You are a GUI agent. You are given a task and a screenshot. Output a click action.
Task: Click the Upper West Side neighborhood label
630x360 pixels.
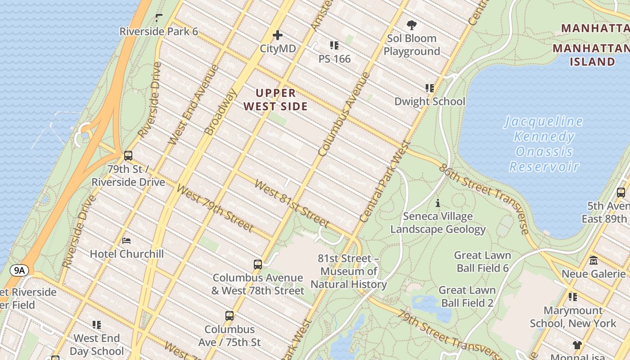tap(282, 99)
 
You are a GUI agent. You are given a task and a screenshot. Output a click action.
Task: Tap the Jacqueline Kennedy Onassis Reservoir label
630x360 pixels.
tap(544, 144)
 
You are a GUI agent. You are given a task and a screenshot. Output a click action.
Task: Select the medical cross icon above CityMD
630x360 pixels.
tap(278, 35)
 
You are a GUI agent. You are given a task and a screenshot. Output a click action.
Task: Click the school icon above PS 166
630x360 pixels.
tap(334, 45)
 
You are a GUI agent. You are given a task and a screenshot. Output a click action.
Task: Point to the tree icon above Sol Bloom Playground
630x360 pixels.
tap(411, 25)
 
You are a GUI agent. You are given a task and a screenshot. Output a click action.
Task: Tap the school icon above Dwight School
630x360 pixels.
tap(429, 88)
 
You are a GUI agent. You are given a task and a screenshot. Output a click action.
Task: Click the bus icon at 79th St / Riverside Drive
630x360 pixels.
tap(128, 156)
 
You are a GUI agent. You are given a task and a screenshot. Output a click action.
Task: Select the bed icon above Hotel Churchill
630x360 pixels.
tap(126, 241)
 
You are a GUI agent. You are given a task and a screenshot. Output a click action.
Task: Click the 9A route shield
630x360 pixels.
tap(19, 270)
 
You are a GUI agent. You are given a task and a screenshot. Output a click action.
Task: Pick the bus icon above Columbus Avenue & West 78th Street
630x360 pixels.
tap(258, 265)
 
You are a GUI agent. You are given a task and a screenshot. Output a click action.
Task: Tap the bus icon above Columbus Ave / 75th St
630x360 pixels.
tap(229, 316)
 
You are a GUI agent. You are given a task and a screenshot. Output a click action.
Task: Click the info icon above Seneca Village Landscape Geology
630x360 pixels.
tap(438, 203)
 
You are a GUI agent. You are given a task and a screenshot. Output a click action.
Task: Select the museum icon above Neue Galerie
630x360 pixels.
tap(593, 261)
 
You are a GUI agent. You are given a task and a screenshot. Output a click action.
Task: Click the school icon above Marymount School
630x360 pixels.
tap(572, 297)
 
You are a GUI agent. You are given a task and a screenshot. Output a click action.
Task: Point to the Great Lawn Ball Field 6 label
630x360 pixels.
tap(482, 261)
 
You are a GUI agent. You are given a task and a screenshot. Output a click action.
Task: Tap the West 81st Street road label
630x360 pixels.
tap(292, 203)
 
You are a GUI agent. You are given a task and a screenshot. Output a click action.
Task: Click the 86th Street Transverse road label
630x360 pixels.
tap(484, 198)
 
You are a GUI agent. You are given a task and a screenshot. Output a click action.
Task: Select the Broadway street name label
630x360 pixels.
tap(220, 112)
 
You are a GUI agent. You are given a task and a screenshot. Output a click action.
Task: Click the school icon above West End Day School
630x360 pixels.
tap(97, 325)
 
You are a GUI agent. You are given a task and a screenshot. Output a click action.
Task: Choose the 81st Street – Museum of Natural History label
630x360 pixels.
tap(349, 271)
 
